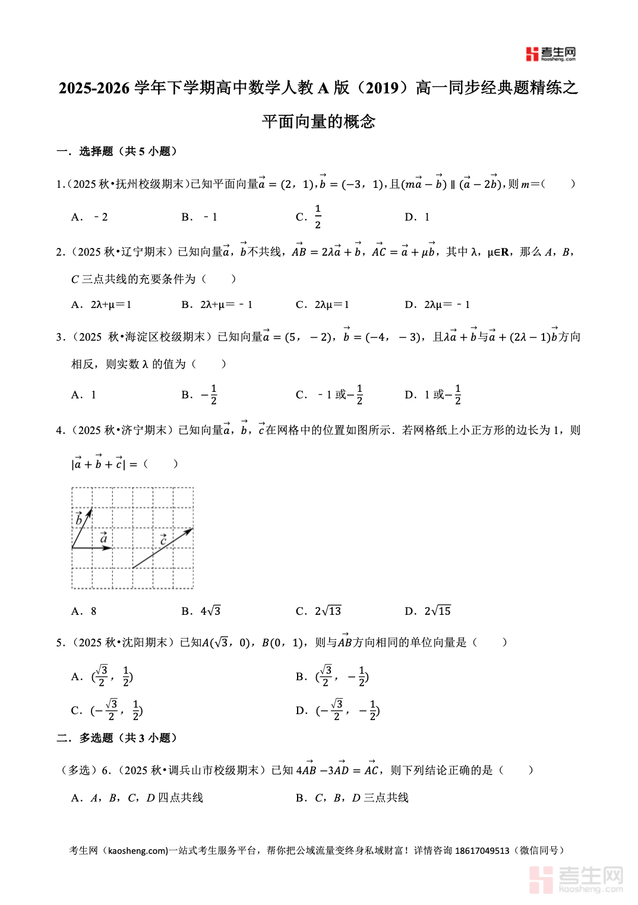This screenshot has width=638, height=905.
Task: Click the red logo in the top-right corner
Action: pos(550,54)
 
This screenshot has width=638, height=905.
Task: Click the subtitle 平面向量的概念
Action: pos(318,121)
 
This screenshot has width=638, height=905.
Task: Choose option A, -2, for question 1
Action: pos(90,217)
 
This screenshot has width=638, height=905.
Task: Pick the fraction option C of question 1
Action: pos(309,217)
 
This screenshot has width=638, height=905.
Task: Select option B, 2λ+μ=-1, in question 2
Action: pos(217,304)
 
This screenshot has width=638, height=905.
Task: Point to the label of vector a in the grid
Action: pos(104,538)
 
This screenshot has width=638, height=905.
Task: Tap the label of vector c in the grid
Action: pos(163,539)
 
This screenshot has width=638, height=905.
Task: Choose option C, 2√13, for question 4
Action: pos(319,611)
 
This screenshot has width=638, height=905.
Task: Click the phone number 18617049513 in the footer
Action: pos(482,850)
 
